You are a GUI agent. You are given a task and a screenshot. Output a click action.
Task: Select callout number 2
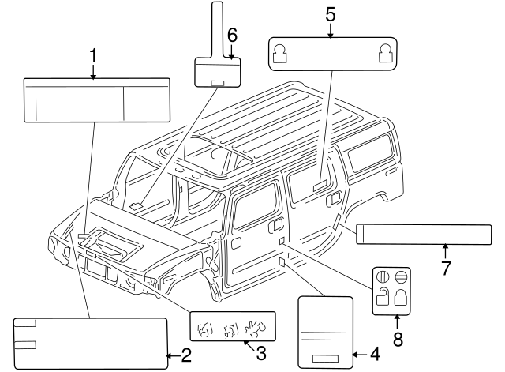(x=186, y=355)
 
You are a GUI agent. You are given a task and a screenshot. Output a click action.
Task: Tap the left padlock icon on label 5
(x=279, y=52)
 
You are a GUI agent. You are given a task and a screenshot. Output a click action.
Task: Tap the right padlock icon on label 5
(x=384, y=52)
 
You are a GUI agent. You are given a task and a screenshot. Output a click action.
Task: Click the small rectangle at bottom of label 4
(x=326, y=358)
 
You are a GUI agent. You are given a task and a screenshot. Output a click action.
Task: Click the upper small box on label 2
(x=24, y=323)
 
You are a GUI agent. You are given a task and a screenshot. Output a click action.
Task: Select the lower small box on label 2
(x=24, y=344)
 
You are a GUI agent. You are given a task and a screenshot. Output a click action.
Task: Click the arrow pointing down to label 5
(x=330, y=30)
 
